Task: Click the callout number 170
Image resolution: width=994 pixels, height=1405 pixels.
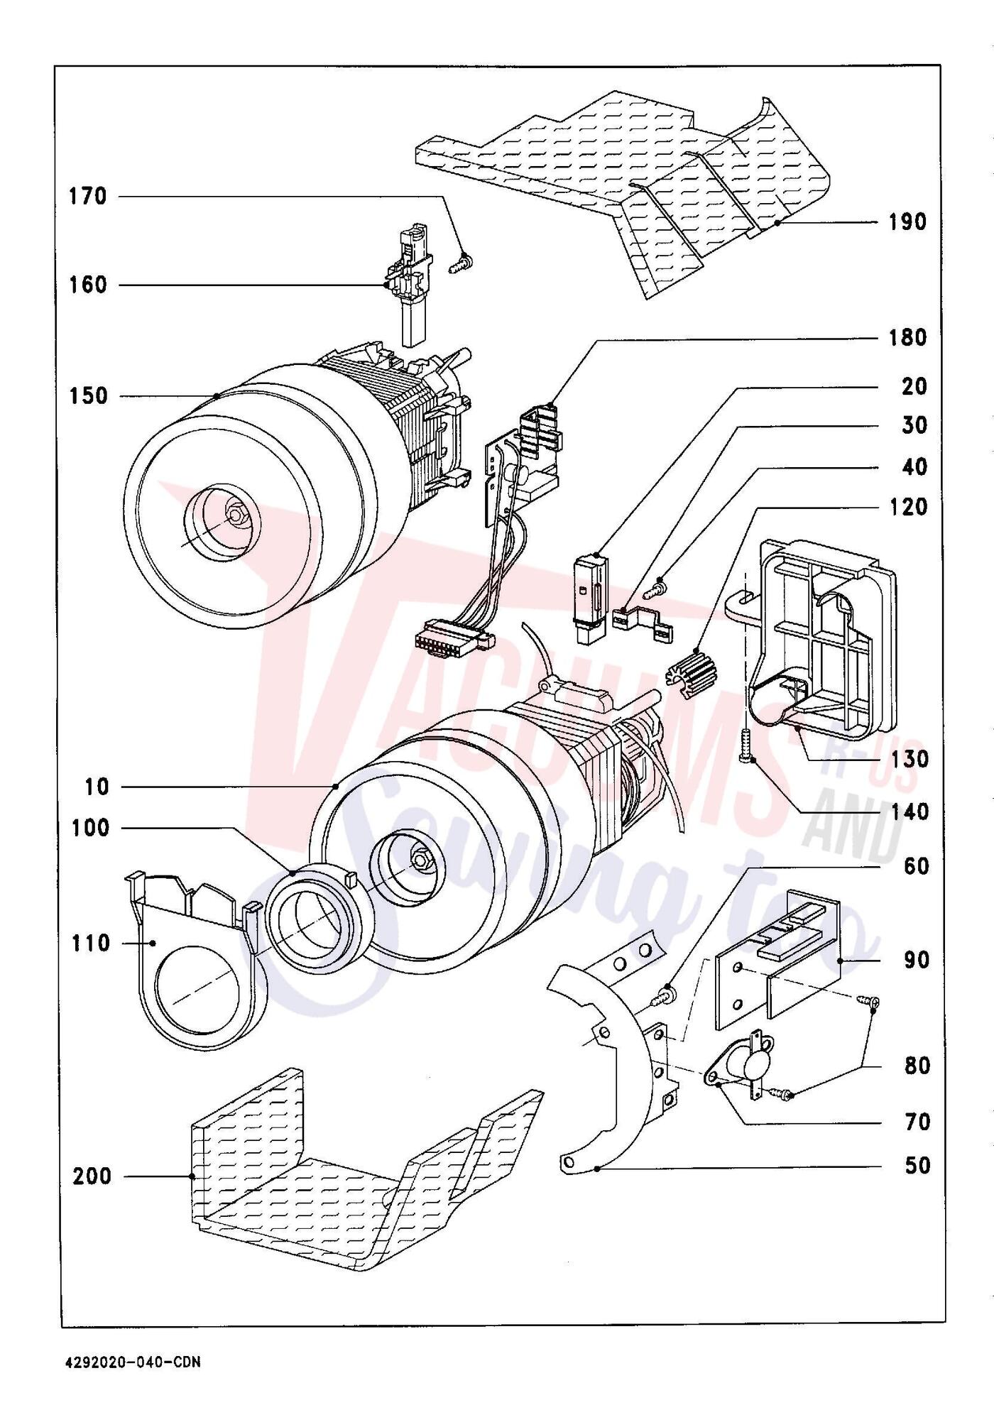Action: pos(87,196)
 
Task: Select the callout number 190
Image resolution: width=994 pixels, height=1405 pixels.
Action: pos(908,222)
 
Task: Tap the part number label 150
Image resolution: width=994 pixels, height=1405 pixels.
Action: pos(88,396)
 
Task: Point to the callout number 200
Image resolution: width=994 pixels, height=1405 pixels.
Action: pos(92,1176)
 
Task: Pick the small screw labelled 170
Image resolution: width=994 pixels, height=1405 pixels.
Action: pos(461,264)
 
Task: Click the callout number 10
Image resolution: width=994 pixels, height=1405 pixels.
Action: pos(97,787)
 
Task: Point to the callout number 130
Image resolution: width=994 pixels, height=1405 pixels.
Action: pos(910,759)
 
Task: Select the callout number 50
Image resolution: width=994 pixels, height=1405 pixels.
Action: pos(917,1165)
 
